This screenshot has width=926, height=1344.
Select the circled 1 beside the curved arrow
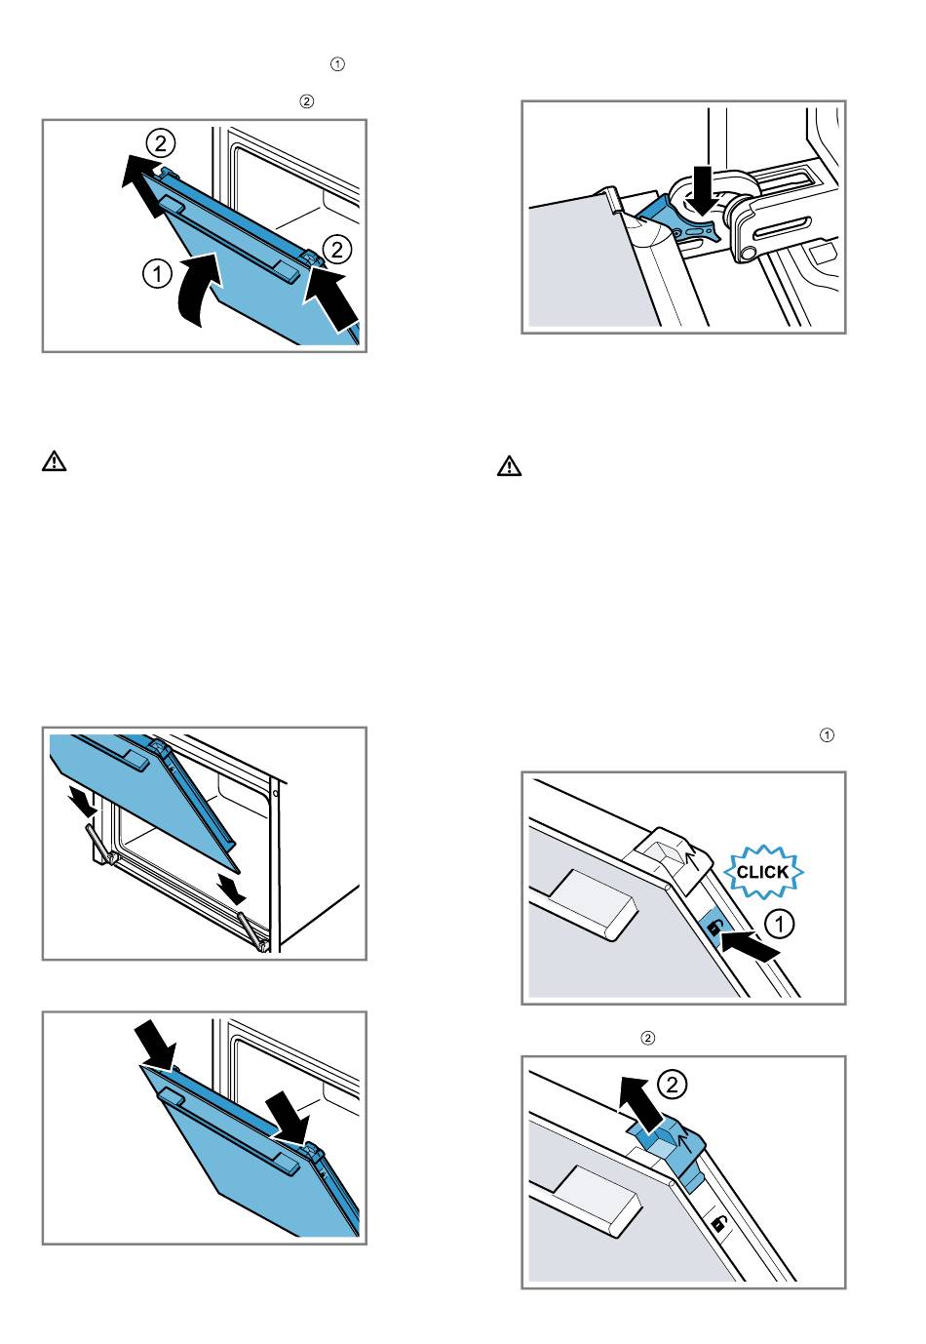click(156, 274)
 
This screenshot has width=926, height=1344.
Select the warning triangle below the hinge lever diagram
click(509, 466)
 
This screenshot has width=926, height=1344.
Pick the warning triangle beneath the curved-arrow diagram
click(55, 461)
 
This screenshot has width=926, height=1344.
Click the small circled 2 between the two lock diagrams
click(646, 1038)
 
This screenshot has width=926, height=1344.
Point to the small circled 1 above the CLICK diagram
click(827, 734)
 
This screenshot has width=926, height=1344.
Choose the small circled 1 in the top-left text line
click(337, 64)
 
